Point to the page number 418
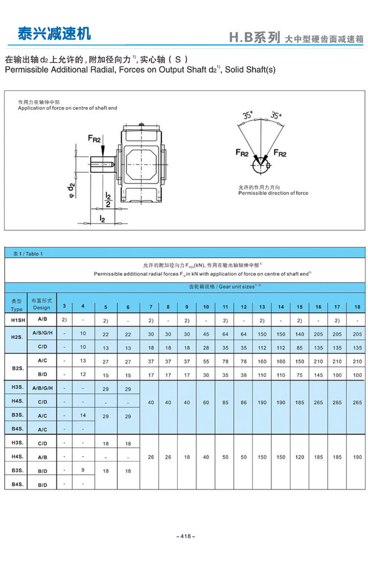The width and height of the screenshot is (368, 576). click(185, 536)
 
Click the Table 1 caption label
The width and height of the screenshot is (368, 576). click(28, 254)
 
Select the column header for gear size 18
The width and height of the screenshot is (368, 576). click(357, 307)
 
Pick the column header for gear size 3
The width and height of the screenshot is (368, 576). click(64, 306)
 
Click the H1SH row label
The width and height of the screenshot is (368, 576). click(16, 321)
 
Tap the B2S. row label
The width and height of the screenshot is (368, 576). click(16, 367)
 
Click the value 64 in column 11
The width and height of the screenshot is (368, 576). click(225, 334)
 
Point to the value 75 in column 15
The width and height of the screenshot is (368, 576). click(299, 375)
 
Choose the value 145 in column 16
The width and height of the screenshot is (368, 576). click(319, 375)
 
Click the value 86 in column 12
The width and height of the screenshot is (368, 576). click(243, 403)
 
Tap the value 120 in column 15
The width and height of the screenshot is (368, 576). click(299, 456)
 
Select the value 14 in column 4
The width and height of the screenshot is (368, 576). click(83, 415)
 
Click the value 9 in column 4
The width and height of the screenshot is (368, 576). click(83, 470)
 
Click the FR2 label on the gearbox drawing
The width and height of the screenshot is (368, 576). click(94, 139)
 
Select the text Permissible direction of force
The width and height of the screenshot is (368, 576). click(273, 193)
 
